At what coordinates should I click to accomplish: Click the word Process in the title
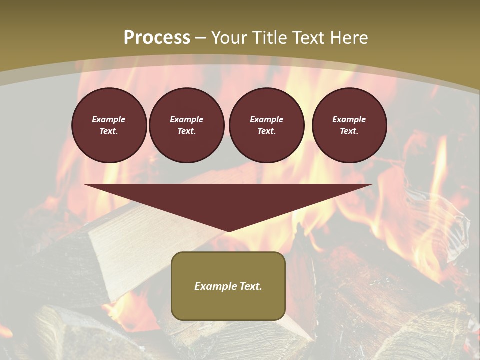[157, 38]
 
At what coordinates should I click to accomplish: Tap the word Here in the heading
[348, 38]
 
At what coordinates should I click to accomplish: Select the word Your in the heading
[229, 38]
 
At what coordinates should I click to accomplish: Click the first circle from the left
[109, 125]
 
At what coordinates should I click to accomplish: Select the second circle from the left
[186, 125]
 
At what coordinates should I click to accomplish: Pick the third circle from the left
[266, 125]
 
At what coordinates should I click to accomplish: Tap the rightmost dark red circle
[349, 125]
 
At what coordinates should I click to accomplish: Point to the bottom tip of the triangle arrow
[229, 231]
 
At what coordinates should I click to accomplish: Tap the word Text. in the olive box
[250, 286]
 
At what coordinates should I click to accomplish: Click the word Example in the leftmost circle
[109, 119]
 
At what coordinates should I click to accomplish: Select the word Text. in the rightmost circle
[349, 131]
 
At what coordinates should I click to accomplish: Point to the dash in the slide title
[200, 38]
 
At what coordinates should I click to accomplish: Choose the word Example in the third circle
[266, 119]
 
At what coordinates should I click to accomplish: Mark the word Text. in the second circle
[186, 131]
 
